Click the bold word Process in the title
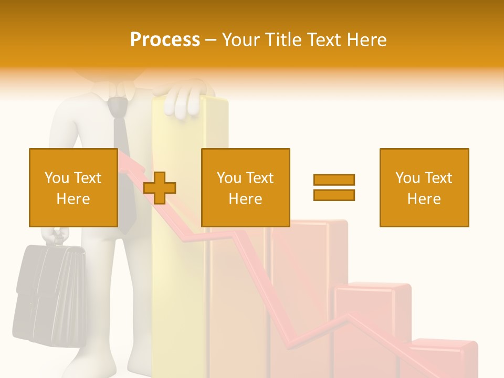tap(165, 40)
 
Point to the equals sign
tap(334, 187)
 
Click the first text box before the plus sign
tap(73, 187)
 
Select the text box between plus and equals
tap(246, 187)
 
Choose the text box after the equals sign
tap(424, 187)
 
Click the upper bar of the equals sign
tap(334, 180)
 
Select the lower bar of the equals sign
tap(334, 195)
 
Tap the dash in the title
tap(211, 40)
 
